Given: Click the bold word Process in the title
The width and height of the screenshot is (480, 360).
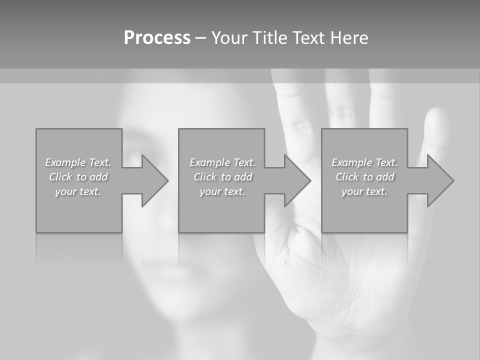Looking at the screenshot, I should click(x=157, y=38).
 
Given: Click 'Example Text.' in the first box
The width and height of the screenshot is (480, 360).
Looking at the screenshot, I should click(x=78, y=162).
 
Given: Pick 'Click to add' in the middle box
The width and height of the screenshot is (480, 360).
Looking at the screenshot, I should click(x=222, y=177).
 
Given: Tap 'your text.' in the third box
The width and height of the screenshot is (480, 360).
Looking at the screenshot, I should click(x=364, y=191).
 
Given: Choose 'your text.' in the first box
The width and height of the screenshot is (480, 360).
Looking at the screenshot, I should click(x=78, y=191).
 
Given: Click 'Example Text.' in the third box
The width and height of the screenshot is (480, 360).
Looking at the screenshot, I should click(x=364, y=162).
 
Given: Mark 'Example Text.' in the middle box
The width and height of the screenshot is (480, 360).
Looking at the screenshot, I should click(x=222, y=162).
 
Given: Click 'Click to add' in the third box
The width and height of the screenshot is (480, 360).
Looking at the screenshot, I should click(x=364, y=177).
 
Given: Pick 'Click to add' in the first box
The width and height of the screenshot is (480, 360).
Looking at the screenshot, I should click(x=78, y=177).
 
